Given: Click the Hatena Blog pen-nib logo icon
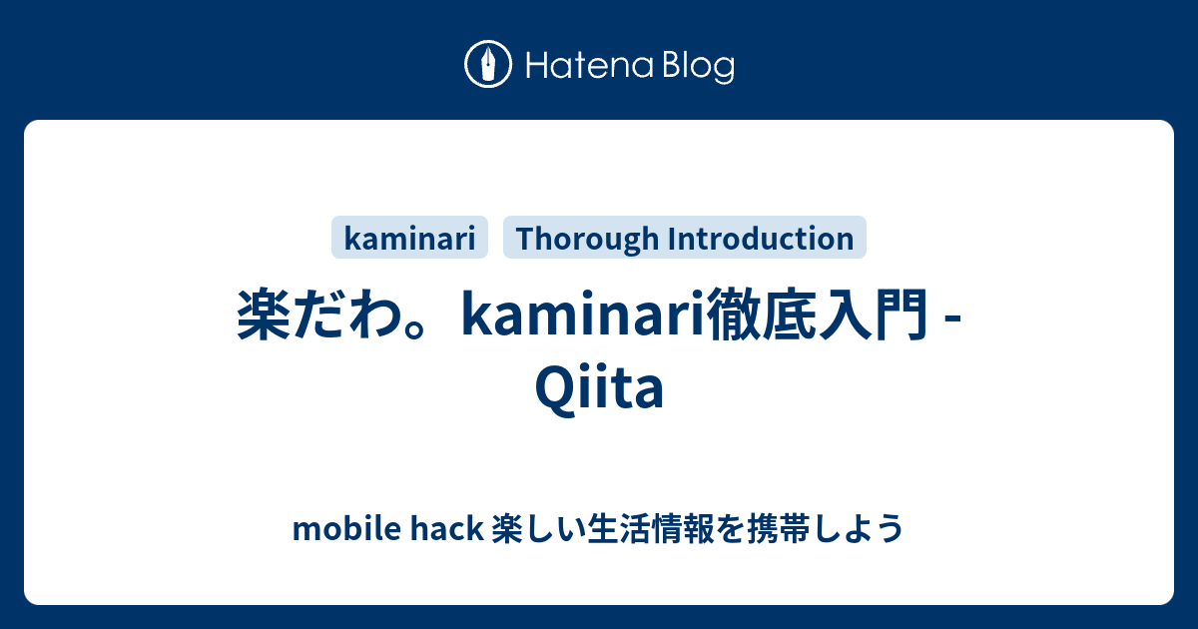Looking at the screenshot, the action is [x=488, y=64].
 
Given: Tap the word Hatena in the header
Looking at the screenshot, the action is [x=590, y=66].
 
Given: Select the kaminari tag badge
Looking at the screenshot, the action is [x=409, y=238].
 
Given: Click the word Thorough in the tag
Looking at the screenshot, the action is [x=587, y=239].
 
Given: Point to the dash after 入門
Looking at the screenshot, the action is [x=953, y=320].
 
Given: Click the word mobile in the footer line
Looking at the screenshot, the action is [x=346, y=528].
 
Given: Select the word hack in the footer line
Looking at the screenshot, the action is [x=447, y=528].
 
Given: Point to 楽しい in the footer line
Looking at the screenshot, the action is [x=538, y=528].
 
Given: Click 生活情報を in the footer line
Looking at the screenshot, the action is [x=665, y=528].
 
